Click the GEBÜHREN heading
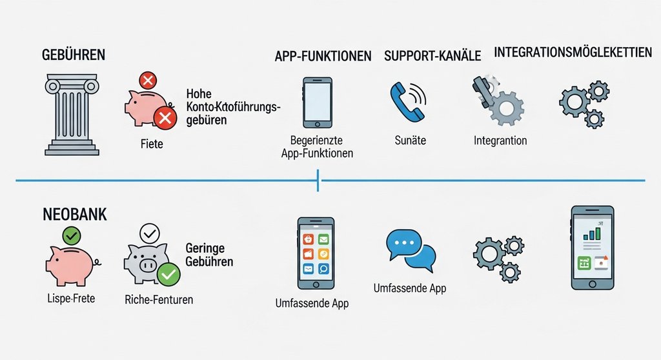[73, 55]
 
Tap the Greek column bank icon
[72, 114]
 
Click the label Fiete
[151, 143]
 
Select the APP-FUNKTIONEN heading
[323, 57]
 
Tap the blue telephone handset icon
[407, 102]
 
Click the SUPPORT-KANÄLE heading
[432, 56]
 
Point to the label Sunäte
[410, 140]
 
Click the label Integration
[500, 140]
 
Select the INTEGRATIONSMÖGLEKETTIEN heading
[573, 53]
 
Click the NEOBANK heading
[74, 215]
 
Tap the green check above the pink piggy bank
[72, 237]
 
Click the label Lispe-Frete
[71, 299]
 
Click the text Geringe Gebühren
[209, 255]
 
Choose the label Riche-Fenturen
[158, 299]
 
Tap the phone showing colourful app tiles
[316, 253]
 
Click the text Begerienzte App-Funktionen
[316, 146]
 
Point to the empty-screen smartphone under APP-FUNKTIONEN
[317, 102]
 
